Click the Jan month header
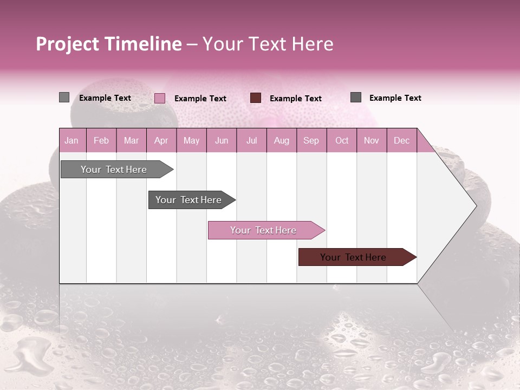[x=71, y=140]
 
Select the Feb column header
[x=101, y=140]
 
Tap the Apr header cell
[x=161, y=140]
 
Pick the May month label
[x=191, y=140]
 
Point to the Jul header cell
[x=251, y=140]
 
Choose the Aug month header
[x=281, y=140]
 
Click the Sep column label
[x=311, y=140]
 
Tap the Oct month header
[x=342, y=140]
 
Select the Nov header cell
[x=372, y=140]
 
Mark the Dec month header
[x=401, y=140]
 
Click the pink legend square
[x=160, y=98]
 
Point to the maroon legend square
[x=256, y=97]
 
